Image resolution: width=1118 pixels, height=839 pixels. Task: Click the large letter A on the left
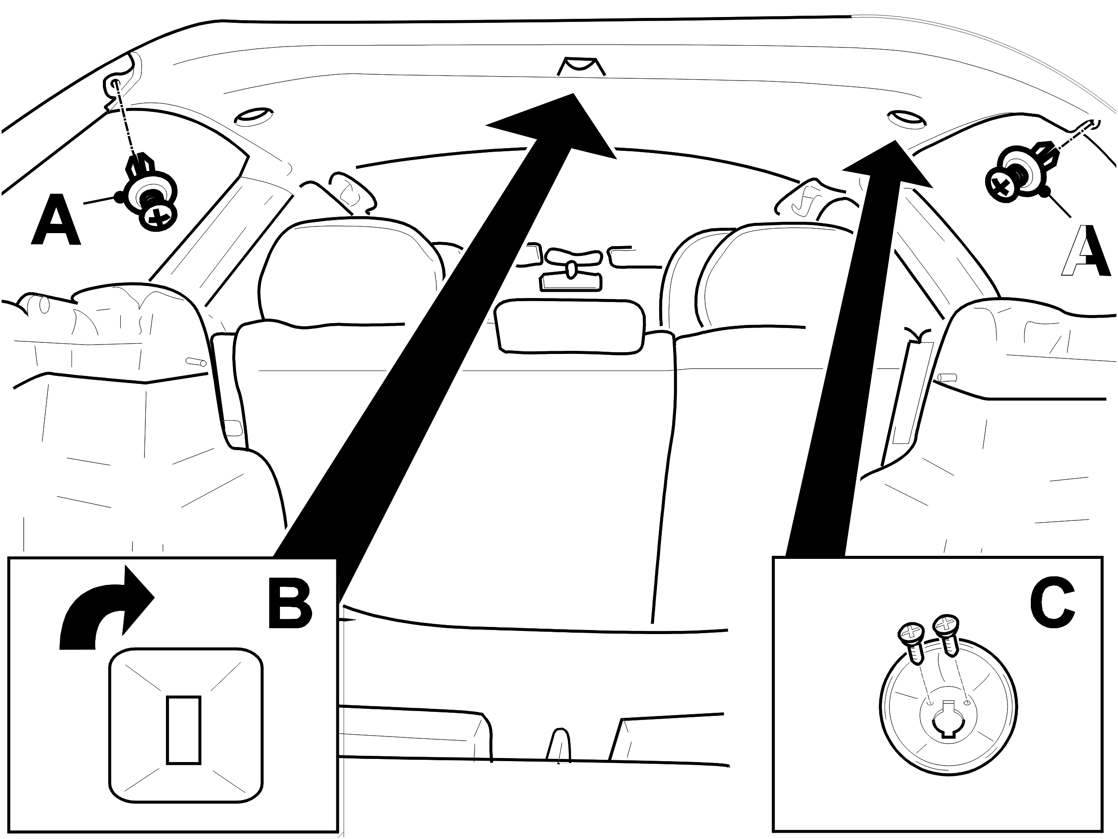55,221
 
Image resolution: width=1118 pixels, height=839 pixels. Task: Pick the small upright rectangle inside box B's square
184,729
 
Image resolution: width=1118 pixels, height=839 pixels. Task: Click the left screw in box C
913,643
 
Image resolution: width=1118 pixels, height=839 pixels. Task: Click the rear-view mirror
570,326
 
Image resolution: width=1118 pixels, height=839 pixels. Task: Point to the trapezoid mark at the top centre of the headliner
581,66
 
